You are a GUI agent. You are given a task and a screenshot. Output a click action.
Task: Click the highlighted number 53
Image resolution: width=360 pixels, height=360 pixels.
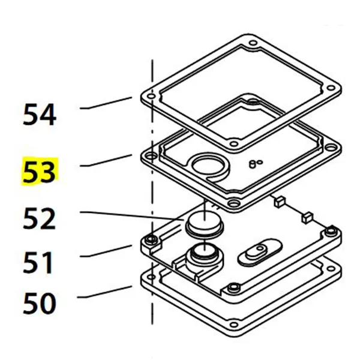pyautogui.click(x=39, y=171)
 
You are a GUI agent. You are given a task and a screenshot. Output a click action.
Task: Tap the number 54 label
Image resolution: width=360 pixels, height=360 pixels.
pyautogui.click(x=40, y=114)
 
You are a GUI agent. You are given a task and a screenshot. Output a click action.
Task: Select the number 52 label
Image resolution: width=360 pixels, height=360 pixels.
pyautogui.click(x=40, y=218)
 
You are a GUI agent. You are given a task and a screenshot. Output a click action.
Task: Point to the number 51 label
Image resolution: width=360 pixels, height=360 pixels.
pyautogui.click(x=40, y=262)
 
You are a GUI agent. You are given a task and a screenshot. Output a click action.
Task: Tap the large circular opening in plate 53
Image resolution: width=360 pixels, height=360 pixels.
pyautogui.click(x=206, y=164)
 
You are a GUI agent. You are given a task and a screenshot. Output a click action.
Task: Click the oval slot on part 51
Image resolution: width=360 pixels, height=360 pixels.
pyautogui.click(x=258, y=250)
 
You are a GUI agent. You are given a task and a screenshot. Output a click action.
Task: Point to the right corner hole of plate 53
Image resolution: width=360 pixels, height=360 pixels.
pyautogui.click(x=331, y=146)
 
